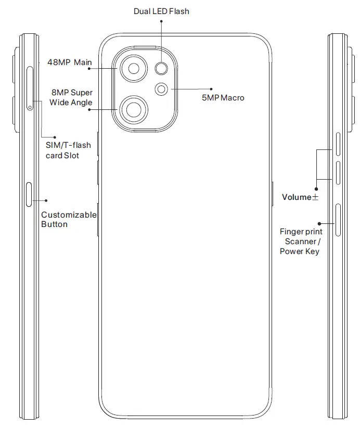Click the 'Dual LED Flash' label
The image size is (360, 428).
click(x=161, y=11)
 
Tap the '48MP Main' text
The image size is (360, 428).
click(x=69, y=62)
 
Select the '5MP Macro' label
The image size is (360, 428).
click(x=223, y=97)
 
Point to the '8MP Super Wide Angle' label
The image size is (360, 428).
click(x=71, y=97)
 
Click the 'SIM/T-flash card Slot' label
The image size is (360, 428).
click(x=65, y=150)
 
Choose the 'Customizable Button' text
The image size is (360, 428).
click(x=69, y=219)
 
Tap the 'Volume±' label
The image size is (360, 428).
click(x=300, y=197)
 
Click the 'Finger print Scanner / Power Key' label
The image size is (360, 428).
click(x=301, y=241)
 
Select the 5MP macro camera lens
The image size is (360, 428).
click(x=162, y=89)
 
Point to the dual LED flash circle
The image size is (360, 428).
click(x=162, y=68)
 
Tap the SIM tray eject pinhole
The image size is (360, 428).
click(x=30, y=108)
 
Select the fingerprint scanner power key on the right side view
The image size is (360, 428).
click(x=338, y=220)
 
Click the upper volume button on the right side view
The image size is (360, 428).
click(x=338, y=145)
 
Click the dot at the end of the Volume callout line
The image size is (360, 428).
click(x=315, y=189)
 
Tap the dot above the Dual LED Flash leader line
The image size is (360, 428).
click(x=161, y=21)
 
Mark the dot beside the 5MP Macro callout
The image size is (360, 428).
click(x=211, y=89)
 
